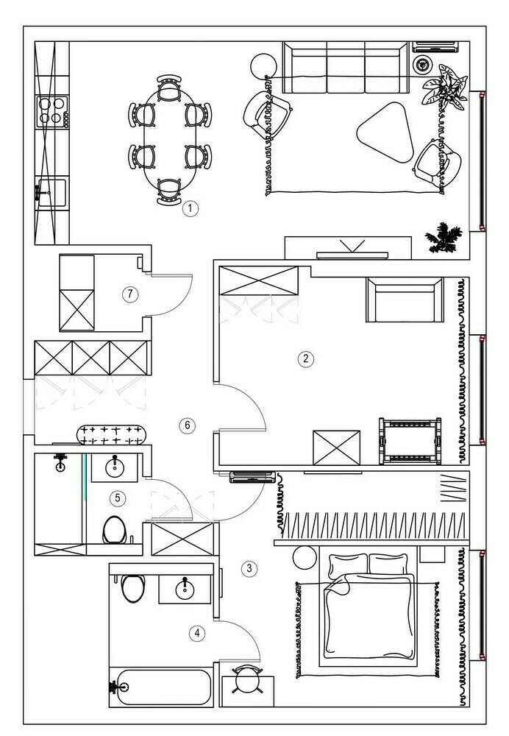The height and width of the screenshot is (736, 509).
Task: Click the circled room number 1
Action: coord(191,208)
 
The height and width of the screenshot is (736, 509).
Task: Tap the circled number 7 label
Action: coord(130,294)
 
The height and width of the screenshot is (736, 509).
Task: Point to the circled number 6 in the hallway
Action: coord(188,425)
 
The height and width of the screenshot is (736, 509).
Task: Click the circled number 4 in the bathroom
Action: coord(196,632)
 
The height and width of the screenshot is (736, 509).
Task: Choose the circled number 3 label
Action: coord(249,568)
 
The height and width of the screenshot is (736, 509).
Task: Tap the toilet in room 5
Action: coord(113,528)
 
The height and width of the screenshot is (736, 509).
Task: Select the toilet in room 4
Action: coord(133,588)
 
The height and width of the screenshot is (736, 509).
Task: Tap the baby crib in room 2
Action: coord(410,441)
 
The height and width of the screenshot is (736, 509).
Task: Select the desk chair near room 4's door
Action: coord(246,680)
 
